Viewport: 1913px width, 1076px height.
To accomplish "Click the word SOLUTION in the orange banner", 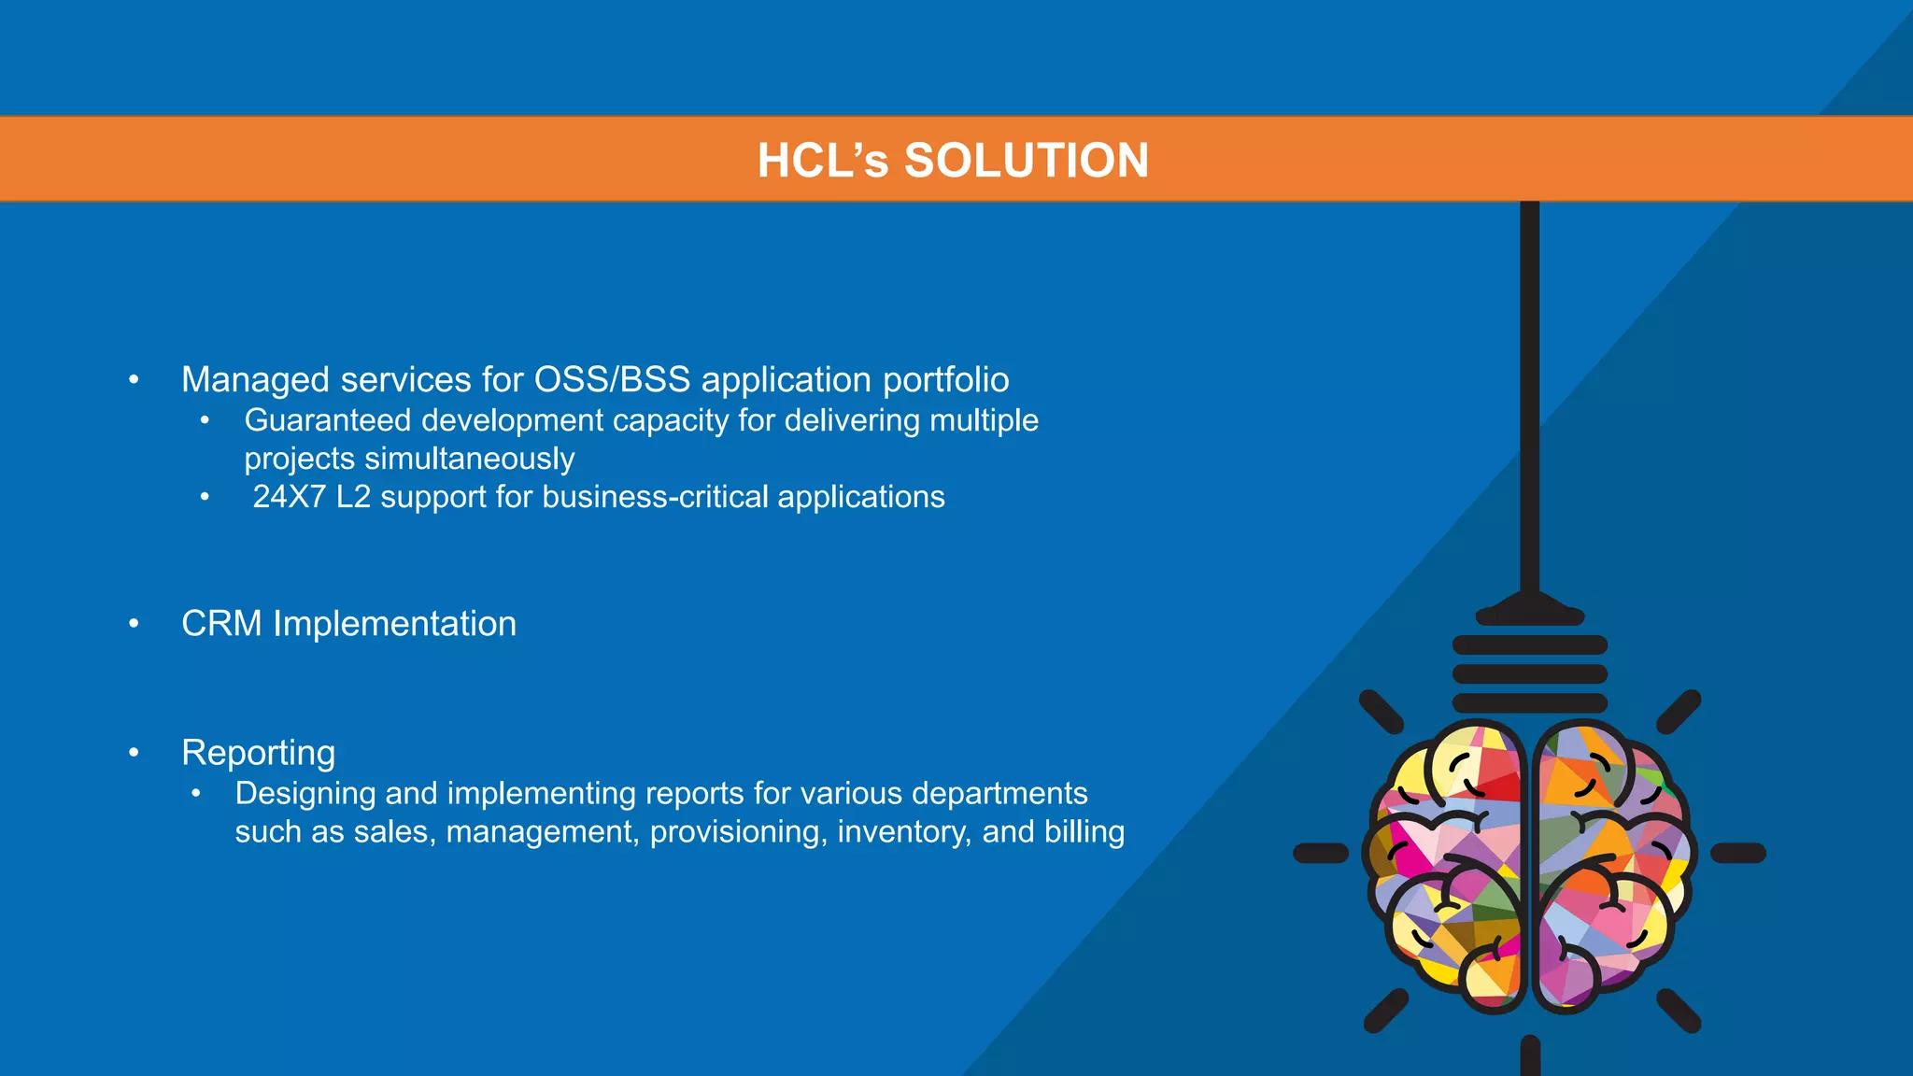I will coord(1026,161).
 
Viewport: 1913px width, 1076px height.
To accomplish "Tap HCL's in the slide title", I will coord(823,161).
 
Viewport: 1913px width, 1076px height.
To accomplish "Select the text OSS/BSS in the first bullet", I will coord(612,380).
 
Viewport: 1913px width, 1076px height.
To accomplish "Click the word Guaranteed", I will coord(328,420).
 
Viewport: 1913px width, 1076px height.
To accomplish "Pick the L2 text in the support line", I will coord(353,497).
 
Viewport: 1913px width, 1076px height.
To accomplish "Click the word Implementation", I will coord(394,624).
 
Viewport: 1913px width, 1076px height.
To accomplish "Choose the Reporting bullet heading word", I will coord(259,753).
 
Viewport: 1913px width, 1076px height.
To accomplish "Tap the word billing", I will coord(1084,831).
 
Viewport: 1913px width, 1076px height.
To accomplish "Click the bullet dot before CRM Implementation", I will coord(135,624).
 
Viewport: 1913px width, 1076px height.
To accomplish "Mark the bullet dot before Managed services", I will coord(135,380).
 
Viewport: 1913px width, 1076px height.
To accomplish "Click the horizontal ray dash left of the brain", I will coord(1321,853).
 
